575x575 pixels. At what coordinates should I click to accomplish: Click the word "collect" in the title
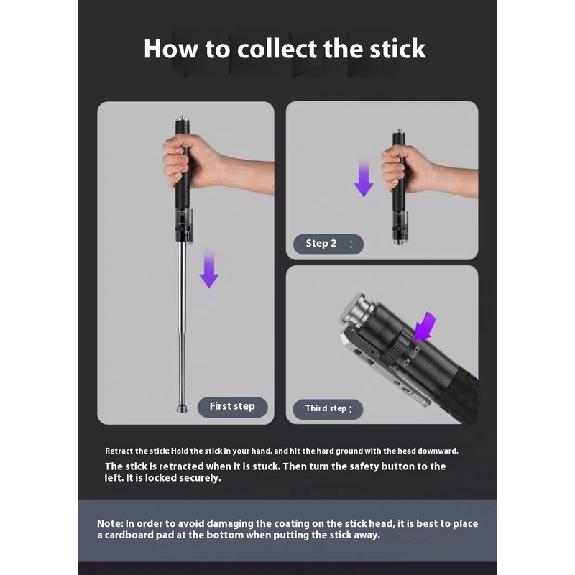point(277,49)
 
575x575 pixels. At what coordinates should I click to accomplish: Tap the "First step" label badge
point(232,407)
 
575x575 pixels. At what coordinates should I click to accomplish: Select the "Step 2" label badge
point(328,244)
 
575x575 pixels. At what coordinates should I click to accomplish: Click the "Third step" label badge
point(328,409)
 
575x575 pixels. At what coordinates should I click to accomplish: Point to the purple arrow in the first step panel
point(209,270)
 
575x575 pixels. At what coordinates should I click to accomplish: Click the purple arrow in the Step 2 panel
point(364,178)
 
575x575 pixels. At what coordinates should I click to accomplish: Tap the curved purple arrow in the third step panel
point(425,326)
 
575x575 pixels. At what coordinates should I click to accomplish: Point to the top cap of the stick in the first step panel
point(182,119)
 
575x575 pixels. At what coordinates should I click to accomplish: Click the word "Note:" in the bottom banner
point(110,524)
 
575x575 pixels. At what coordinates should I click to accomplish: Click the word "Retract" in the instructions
point(119,451)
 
